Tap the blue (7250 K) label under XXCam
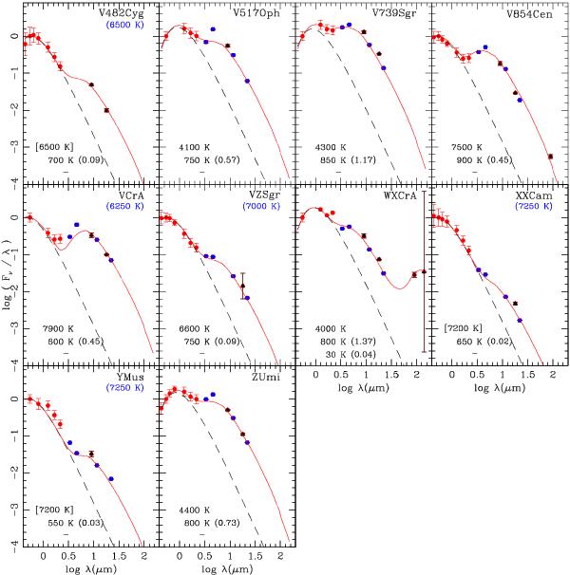pos(534,207)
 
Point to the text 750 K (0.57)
pos(210,160)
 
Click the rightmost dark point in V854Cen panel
pos(551,157)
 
